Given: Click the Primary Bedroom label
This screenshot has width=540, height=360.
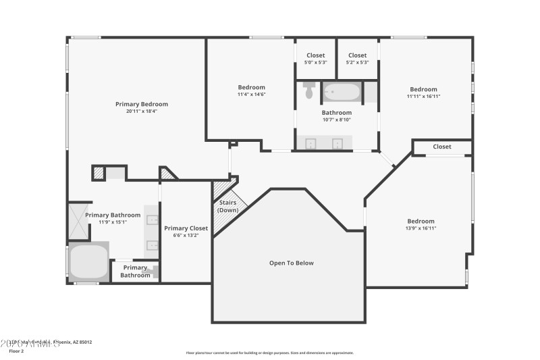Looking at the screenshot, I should point(141,104).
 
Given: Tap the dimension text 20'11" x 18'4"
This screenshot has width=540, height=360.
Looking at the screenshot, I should point(141,111).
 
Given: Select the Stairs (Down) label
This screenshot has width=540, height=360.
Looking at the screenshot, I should point(227,206).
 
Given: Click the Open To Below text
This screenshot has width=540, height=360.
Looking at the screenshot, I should point(292,263).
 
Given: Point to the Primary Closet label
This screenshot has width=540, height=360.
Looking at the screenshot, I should point(186,228).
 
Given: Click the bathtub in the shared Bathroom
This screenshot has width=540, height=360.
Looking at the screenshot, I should point(342,91).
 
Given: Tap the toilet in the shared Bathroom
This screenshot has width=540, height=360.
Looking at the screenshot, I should point(309,91).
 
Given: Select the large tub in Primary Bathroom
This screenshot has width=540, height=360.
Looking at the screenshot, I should point(88,262).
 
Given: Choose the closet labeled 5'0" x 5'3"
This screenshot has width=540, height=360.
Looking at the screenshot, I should point(315,59).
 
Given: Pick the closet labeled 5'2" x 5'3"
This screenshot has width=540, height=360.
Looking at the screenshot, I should point(357,59).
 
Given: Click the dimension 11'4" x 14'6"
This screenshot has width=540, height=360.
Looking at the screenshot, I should point(251,95).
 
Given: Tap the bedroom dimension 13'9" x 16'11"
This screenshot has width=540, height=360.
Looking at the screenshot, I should point(421,228).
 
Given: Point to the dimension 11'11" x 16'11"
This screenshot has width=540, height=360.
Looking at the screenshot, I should point(423,97).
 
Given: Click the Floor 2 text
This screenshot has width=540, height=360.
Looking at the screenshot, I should point(16,351).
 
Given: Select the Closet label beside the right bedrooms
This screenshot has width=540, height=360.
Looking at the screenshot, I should point(442,147).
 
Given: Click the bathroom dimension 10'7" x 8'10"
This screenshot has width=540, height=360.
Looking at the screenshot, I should point(336,120).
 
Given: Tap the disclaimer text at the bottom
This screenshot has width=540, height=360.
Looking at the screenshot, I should point(269,353).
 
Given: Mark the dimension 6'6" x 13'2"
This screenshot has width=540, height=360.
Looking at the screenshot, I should point(186,236).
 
